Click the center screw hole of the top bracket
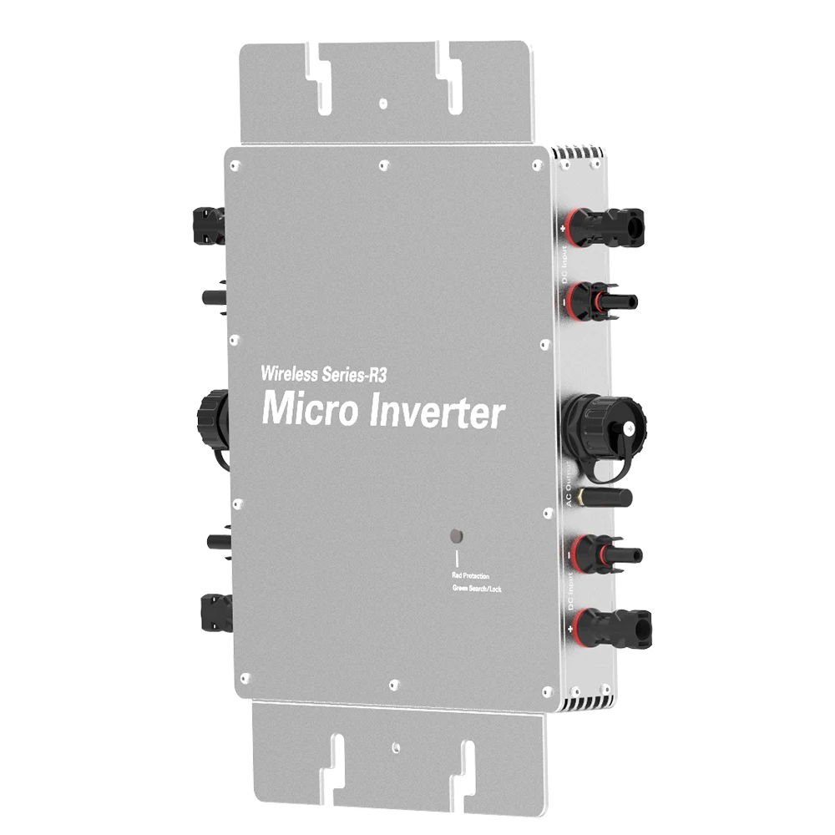click(382, 104)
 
